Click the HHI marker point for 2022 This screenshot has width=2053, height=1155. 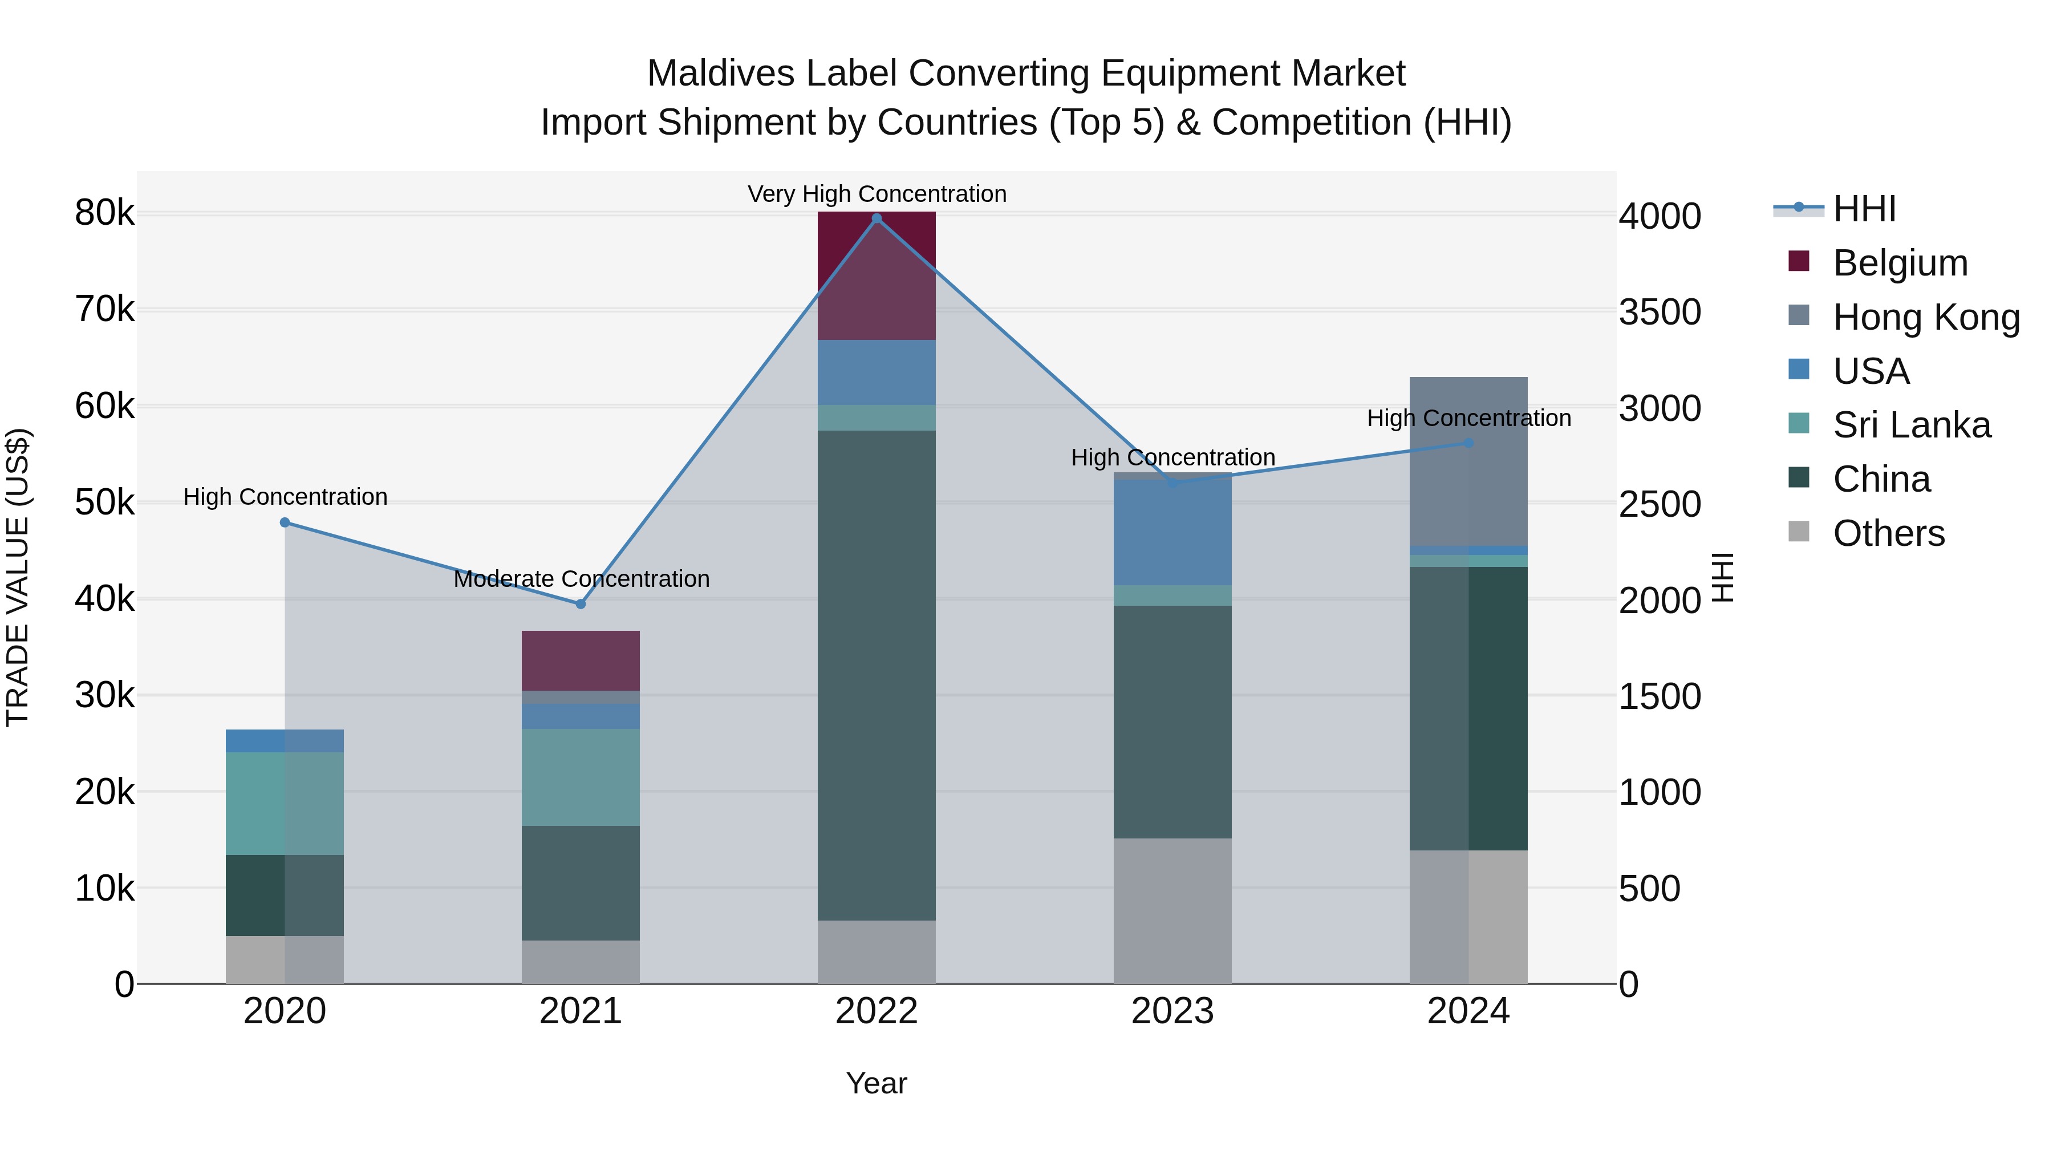877,218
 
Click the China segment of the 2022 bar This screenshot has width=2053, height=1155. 877,676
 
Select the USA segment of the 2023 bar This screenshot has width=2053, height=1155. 1172,533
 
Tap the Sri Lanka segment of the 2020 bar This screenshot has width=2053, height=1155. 285,804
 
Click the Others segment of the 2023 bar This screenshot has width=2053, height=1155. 1172,911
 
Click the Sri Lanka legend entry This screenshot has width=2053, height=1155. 1910,425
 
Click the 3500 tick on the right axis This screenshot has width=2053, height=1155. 1660,313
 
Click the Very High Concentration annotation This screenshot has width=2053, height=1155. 877,194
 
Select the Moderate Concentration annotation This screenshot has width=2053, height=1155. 581,579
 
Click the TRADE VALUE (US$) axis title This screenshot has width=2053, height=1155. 18,577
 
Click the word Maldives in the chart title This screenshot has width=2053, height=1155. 720,74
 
